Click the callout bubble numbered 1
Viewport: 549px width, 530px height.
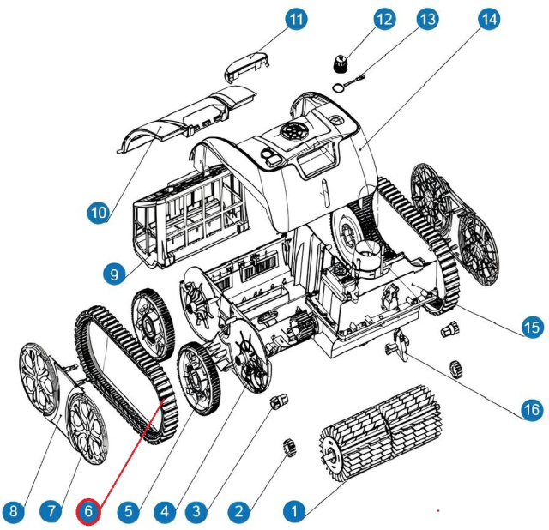[294, 512]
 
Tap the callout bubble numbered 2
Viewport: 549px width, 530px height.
[239, 512]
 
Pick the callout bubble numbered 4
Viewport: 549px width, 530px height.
[166, 512]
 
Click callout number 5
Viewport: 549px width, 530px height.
[129, 512]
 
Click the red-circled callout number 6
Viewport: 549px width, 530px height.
[90, 512]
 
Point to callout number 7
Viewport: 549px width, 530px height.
[51, 512]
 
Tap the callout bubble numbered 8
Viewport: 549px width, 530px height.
[12, 512]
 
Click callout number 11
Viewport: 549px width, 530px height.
[296, 19]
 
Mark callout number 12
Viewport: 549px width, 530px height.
[383, 19]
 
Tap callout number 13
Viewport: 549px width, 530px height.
[426, 19]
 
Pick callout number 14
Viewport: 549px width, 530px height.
[488, 19]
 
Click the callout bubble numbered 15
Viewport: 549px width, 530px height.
[533, 327]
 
